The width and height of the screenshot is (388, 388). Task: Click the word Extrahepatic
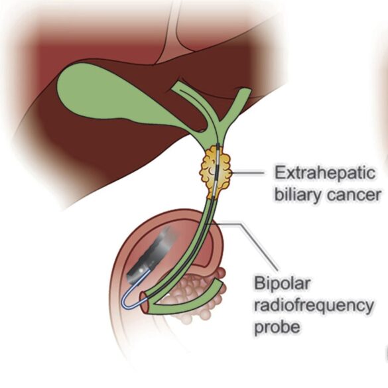pos(325,173)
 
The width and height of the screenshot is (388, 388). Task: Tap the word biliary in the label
pos(298,195)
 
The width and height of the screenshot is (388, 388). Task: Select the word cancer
pos(354,196)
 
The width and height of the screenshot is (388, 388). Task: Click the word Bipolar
pos(282,283)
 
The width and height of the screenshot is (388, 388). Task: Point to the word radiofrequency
pos(314,306)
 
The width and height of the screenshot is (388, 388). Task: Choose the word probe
pos(277,328)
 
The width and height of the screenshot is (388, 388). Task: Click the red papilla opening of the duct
pos(145,302)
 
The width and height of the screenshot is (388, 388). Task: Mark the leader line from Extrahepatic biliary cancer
pos(248,173)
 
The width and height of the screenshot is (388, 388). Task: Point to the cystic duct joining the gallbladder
pos(198,126)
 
